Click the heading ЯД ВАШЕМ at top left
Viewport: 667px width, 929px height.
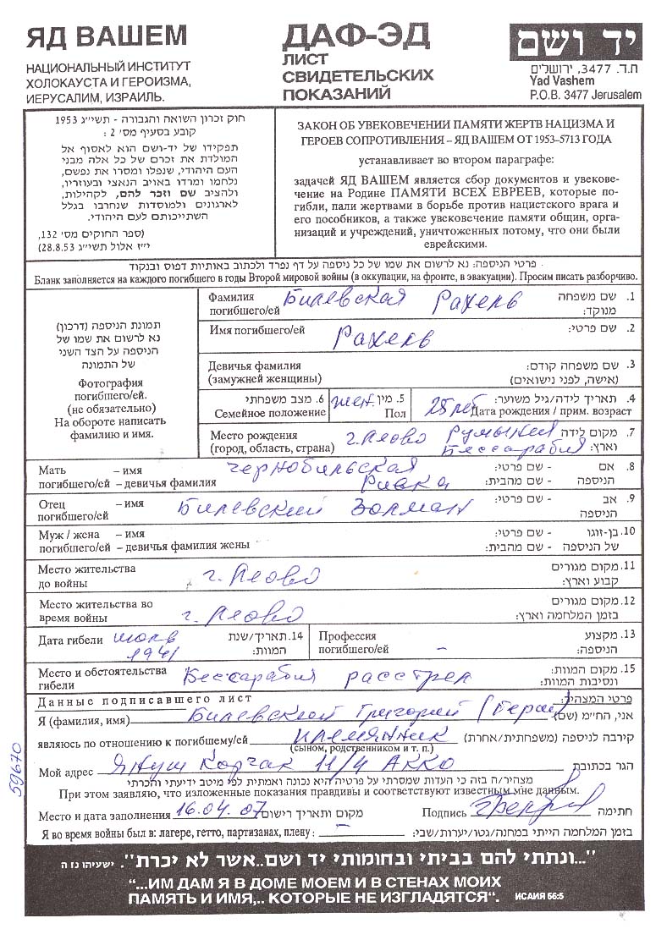(x=106, y=36)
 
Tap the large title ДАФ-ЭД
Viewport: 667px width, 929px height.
(x=356, y=36)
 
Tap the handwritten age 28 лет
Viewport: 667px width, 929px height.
(x=448, y=402)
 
